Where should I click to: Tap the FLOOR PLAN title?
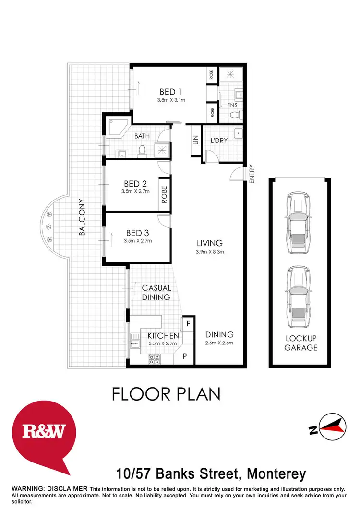(166, 394)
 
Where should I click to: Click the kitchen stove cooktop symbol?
(155, 357)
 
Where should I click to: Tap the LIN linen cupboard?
(195, 140)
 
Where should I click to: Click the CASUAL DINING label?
(156, 293)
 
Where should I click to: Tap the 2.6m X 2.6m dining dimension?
(219, 343)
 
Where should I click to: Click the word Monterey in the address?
(276, 474)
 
